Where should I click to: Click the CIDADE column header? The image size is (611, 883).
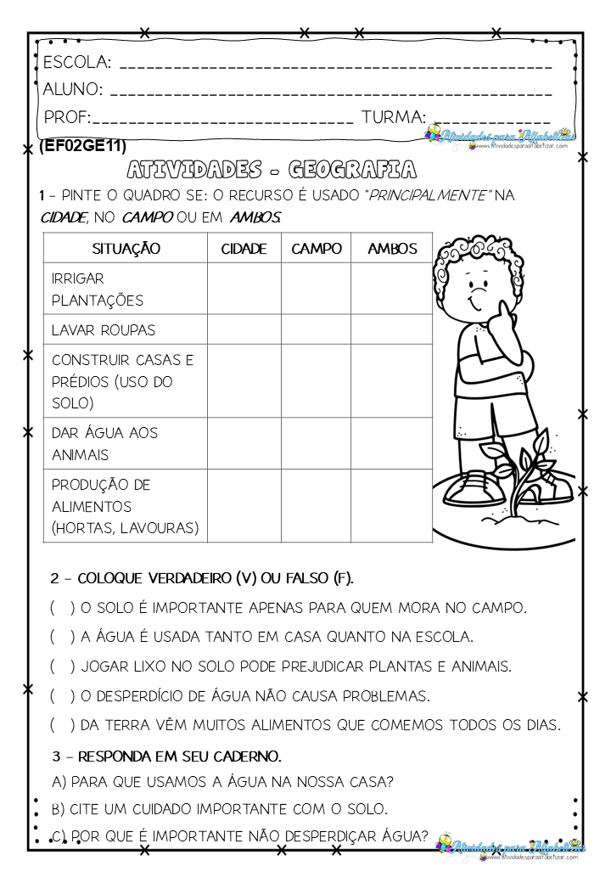244,248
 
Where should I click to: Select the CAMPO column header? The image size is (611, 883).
317,248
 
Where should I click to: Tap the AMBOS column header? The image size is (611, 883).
392,248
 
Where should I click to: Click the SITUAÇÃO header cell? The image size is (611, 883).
126,248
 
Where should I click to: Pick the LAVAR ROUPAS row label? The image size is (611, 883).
104,329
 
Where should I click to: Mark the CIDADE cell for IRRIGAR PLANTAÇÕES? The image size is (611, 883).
244,289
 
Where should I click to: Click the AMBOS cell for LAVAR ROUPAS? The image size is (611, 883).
392,329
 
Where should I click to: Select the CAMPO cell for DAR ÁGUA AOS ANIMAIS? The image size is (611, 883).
317,443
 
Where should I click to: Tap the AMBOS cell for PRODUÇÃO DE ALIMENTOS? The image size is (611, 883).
392,506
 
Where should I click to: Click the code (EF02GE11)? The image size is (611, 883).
82,147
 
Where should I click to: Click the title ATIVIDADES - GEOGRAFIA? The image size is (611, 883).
271,169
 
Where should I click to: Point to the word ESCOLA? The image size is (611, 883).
76,63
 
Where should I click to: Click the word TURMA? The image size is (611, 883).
393,117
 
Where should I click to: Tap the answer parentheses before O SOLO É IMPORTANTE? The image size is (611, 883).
62,608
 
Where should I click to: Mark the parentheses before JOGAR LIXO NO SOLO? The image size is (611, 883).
62,666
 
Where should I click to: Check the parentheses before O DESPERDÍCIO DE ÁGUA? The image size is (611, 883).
62,696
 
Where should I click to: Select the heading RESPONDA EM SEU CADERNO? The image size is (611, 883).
167,756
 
